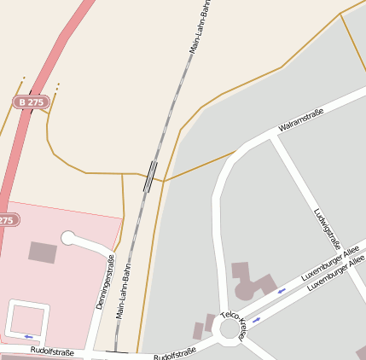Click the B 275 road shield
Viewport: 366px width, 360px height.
pyautogui.click(x=31, y=102)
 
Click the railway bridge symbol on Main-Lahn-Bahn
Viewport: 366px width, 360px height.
pyautogui.click(x=151, y=177)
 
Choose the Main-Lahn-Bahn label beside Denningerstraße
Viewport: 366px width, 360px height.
pyautogui.click(x=124, y=290)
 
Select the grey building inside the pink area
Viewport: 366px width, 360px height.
pyautogui.click(x=43, y=252)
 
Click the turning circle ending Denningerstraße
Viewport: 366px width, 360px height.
pyautogui.click(x=68, y=238)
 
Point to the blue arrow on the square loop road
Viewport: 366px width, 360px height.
pyautogui.click(x=28, y=336)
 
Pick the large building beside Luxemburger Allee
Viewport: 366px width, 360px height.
pyautogui.click(x=253, y=282)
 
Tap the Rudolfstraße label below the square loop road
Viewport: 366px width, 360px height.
pyautogui.click(x=51, y=351)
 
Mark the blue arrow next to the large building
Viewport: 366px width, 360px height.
pyautogui.click(x=282, y=292)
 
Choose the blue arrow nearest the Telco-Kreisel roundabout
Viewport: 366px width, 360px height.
pyautogui.click(x=255, y=320)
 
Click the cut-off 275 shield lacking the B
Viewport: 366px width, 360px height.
pyautogui.click(x=7, y=219)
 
